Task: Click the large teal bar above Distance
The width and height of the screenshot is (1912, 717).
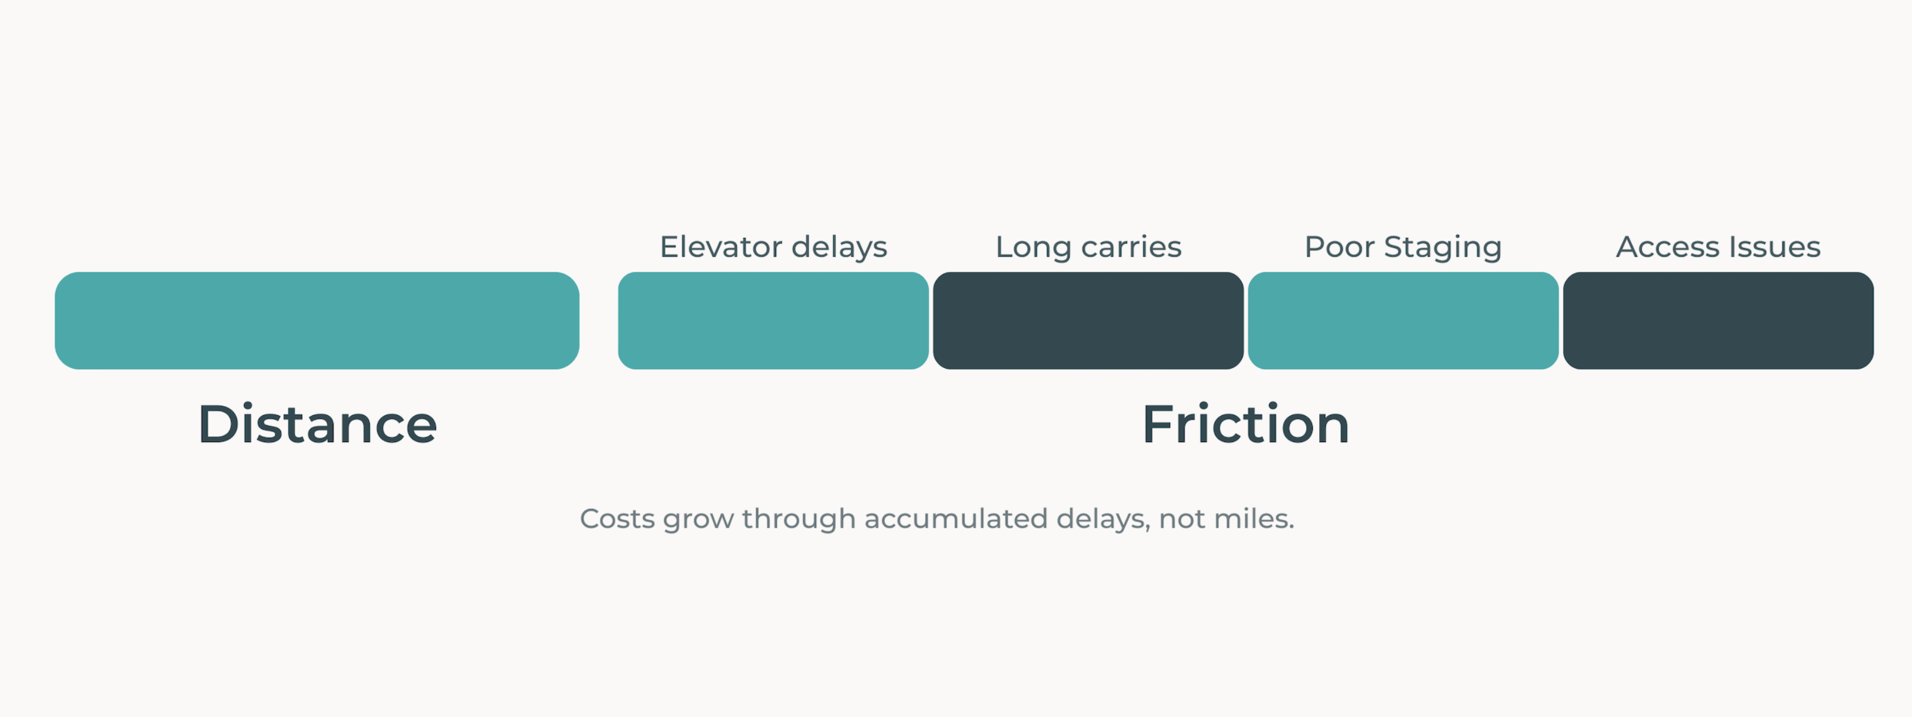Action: (317, 321)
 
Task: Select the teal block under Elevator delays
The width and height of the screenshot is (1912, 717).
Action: (773, 321)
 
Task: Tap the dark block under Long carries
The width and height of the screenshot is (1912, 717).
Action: (1088, 321)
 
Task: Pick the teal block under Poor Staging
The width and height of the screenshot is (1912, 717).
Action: (1403, 321)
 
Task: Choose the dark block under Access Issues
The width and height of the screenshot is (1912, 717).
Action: (1718, 321)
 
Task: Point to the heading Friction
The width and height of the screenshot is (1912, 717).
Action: (1245, 425)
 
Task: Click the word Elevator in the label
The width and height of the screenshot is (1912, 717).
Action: (721, 247)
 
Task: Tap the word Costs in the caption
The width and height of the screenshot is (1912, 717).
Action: (617, 519)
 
